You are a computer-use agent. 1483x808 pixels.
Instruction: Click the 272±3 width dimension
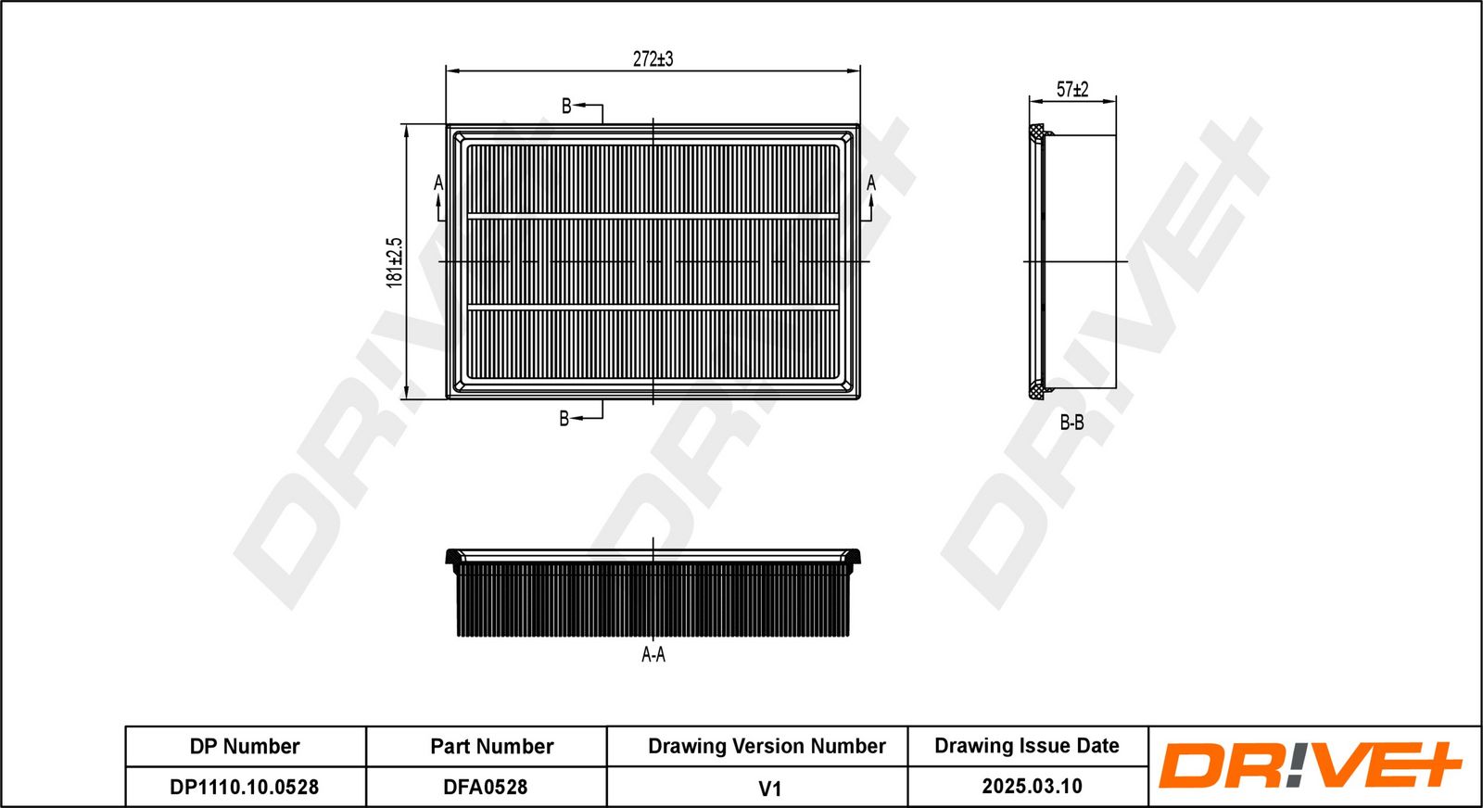pos(653,59)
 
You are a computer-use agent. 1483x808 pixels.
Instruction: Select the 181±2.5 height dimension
pos(395,262)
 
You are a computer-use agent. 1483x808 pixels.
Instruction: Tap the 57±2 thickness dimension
pos(1072,90)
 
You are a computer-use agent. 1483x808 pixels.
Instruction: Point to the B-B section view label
pos(1071,423)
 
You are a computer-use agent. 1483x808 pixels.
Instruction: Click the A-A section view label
pos(653,655)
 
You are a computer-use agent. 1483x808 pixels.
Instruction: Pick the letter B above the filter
pos(566,107)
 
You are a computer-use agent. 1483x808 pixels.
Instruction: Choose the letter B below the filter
pos(564,419)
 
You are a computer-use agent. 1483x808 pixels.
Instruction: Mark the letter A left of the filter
pos(438,184)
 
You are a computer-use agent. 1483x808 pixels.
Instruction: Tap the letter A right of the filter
pos(871,184)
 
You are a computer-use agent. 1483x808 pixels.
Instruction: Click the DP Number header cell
pos(245,747)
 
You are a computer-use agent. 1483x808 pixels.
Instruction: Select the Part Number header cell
pos(491,747)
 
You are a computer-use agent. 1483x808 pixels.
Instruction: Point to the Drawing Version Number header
pos(767,747)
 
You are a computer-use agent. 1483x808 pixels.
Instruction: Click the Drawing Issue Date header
pos(1027,746)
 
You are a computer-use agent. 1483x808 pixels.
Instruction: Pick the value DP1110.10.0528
pos(245,788)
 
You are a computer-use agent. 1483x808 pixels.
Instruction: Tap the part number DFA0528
pos(486,788)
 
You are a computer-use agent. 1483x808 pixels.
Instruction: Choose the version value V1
pos(769,789)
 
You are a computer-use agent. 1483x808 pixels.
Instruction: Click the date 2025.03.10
pos(1032,787)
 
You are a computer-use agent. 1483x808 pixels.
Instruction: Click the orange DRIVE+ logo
pos(1309,766)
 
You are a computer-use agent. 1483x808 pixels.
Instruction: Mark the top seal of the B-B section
pos(1038,133)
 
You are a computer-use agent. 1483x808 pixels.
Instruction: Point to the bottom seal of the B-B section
pos(1038,390)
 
